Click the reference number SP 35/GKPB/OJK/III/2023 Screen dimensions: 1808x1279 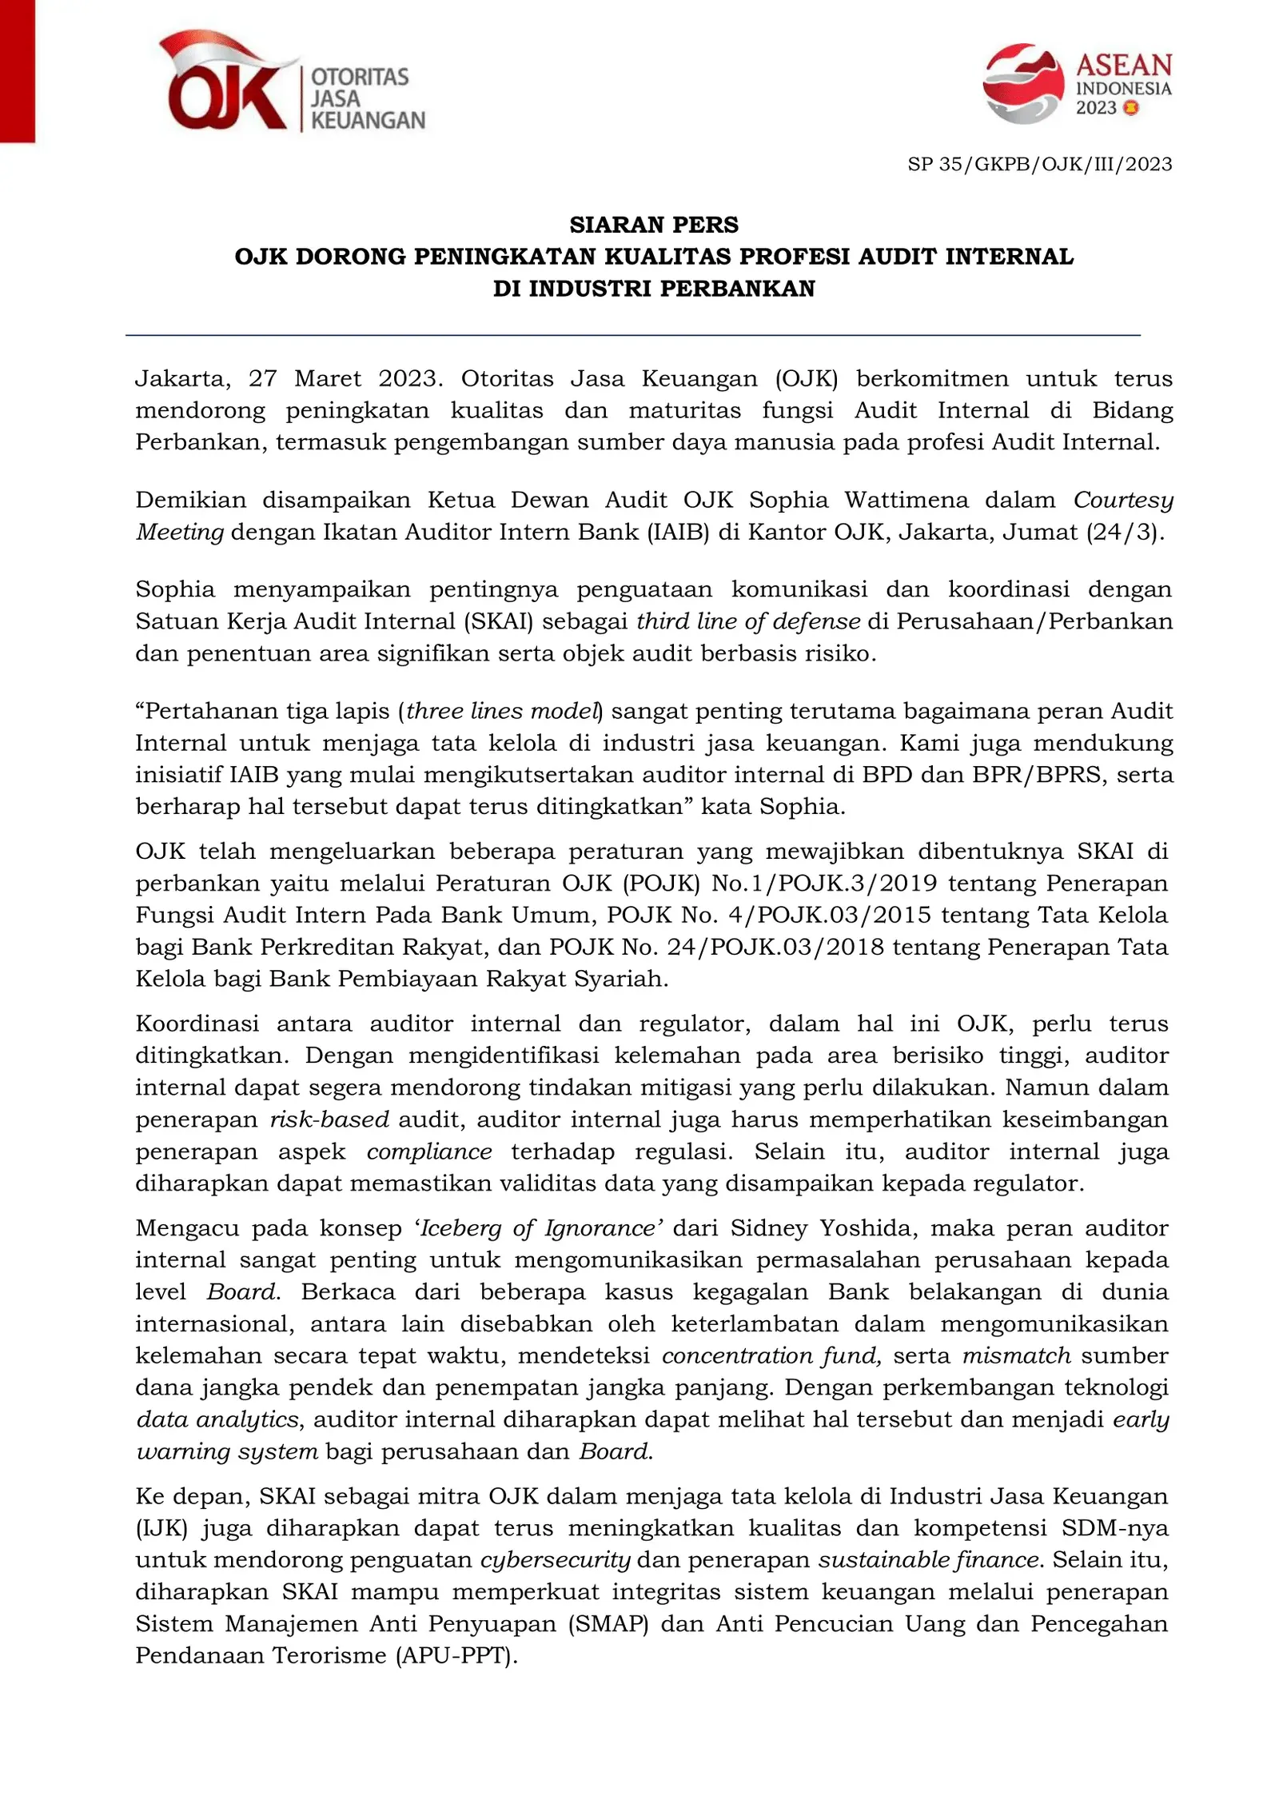tap(1038, 164)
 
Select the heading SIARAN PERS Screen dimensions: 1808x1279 tap(653, 225)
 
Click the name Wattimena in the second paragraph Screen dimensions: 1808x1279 tap(906, 500)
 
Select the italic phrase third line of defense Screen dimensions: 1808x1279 tap(747, 621)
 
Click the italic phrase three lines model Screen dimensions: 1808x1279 tap(502, 711)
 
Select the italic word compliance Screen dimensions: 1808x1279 tap(429, 1151)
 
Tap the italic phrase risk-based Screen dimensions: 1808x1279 tap(329, 1120)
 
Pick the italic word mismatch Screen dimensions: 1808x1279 tap(1016, 1356)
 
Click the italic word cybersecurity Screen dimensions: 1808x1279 tap(555, 1560)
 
